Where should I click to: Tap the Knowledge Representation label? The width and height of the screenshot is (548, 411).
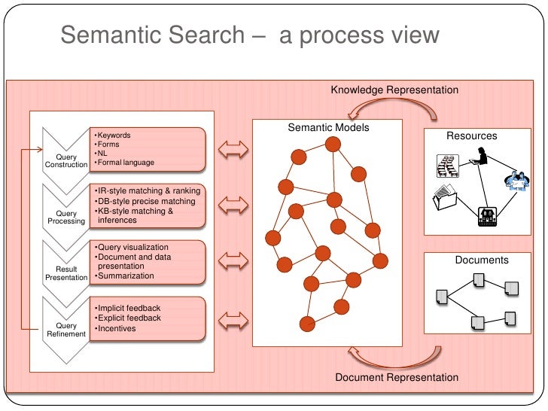click(x=394, y=90)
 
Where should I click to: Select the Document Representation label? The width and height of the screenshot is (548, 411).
click(x=397, y=377)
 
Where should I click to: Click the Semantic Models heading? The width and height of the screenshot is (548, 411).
click(x=328, y=127)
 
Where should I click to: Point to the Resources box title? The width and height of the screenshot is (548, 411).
click(x=472, y=135)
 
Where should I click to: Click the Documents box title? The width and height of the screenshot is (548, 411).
click(x=482, y=260)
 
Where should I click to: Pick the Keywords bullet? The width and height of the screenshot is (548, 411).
click(x=113, y=135)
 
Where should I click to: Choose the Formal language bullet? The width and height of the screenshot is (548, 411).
click(x=124, y=163)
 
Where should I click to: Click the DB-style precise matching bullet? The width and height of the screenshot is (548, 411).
click(x=145, y=201)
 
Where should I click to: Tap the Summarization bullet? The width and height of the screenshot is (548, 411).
click(x=124, y=276)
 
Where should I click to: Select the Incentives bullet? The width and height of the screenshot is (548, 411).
click(x=115, y=328)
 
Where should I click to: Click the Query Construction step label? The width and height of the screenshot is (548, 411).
click(x=66, y=161)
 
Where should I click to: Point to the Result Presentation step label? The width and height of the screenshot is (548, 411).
click(x=66, y=273)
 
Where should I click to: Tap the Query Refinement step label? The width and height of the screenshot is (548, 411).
click(x=66, y=330)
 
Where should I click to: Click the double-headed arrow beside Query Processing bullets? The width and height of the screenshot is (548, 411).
click(x=233, y=205)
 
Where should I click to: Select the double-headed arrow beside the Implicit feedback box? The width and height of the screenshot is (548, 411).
click(x=233, y=321)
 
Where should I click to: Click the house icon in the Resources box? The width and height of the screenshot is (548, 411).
click(x=487, y=217)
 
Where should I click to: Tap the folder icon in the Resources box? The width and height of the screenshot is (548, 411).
click(x=445, y=196)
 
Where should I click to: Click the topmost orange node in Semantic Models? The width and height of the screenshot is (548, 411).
click(x=333, y=145)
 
